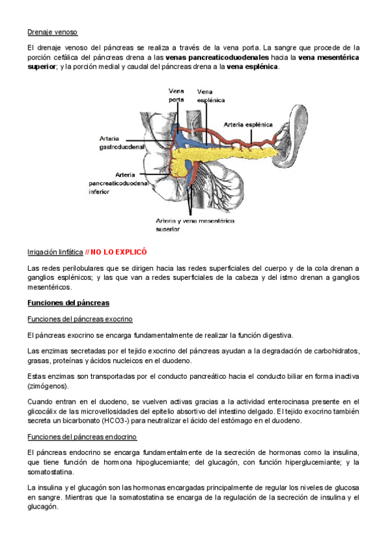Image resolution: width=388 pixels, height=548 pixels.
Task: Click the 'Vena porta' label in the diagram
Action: point(176,95)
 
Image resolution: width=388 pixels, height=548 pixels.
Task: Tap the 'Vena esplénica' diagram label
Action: point(211,96)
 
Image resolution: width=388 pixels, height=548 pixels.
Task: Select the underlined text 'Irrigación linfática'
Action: point(55,252)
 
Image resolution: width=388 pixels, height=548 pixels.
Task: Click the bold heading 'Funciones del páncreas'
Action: point(69,302)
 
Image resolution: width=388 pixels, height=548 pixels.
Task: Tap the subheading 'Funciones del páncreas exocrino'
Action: point(80,319)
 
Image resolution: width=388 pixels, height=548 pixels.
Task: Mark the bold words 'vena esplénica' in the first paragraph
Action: point(253,67)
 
